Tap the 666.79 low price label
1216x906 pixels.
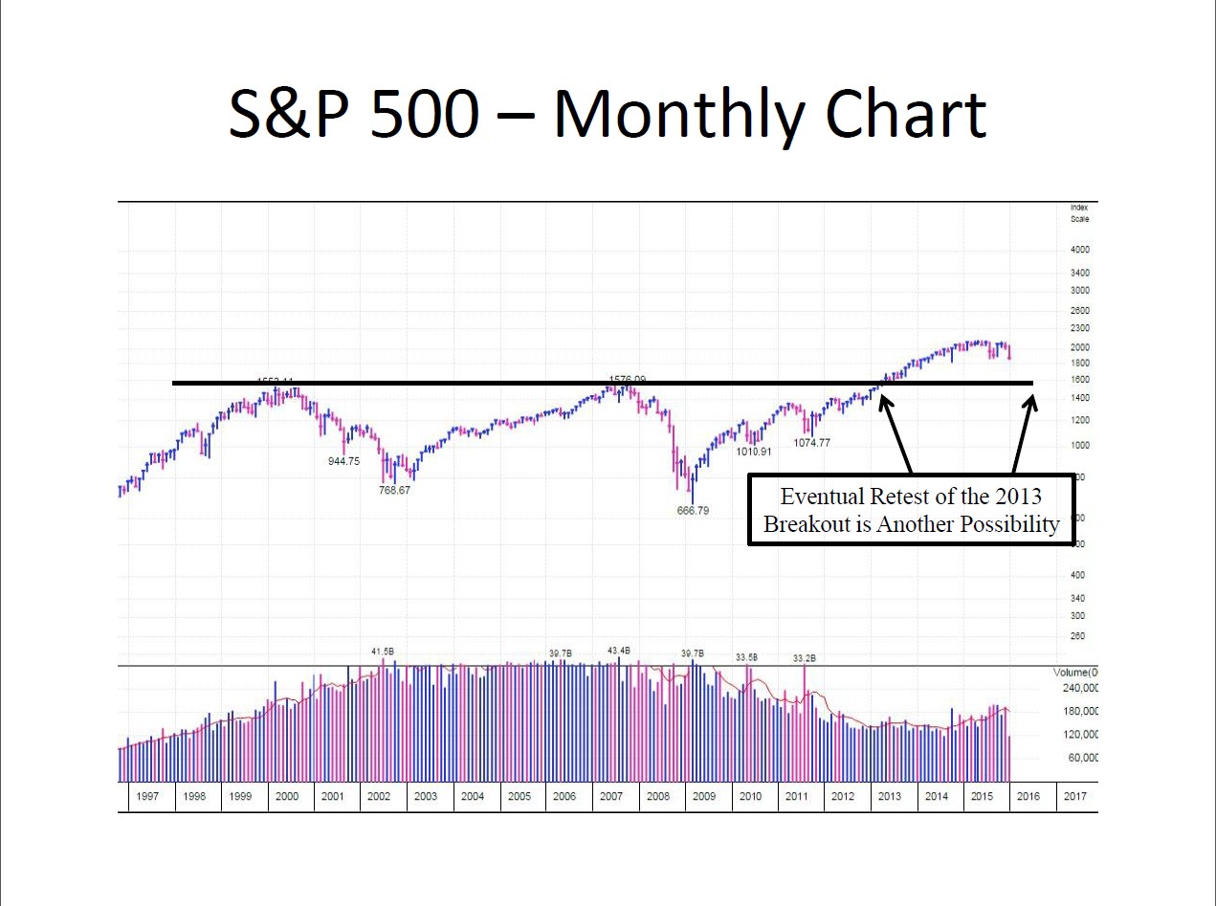(x=692, y=511)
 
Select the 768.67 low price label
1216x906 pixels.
(x=394, y=490)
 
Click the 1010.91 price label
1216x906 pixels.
(x=753, y=452)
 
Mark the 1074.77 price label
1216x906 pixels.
(x=811, y=443)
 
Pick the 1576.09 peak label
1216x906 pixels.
(x=627, y=380)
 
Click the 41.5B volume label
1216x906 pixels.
(x=383, y=652)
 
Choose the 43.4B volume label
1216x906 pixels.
(x=619, y=651)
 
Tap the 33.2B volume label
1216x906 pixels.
(x=805, y=658)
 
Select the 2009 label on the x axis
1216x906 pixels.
(x=704, y=796)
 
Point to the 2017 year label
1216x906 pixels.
(x=1074, y=796)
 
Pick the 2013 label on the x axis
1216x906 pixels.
(x=890, y=796)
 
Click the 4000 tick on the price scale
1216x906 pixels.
(x=1080, y=250)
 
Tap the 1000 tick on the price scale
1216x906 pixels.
(x=1080, y=445)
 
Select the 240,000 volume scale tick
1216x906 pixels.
(x=1075, y=688)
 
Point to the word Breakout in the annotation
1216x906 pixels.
(x=802, y=524)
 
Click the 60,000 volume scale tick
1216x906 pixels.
(x=1078, y=758)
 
